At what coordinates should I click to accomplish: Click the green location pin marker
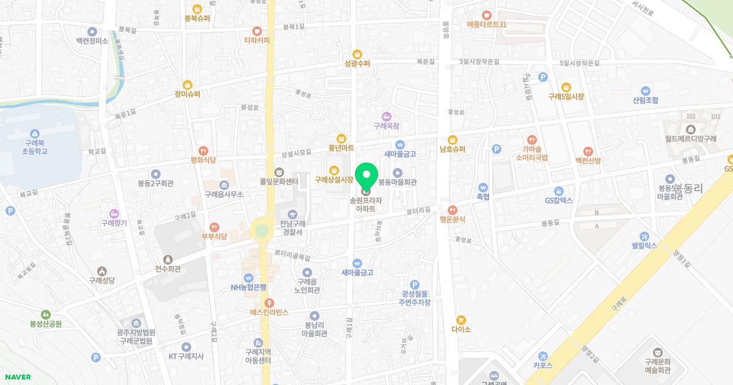pyautogui.click(x=366, y=177)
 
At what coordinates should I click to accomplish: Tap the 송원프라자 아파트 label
pyautogui.click(x=366, y=204)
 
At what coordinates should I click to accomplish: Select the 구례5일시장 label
pyautogui.click(x=566, y=97)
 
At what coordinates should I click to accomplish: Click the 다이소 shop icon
pyautogui.click(x=461, y=320)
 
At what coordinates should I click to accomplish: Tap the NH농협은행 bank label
pyautogui.click(x=248, y=287)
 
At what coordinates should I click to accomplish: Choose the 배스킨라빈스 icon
pyautogui.click(x=268, y=302)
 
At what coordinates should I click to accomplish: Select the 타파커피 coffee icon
pyautogui.click(x=257, y=31)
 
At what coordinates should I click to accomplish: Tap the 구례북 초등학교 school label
pyautogui.click(x=35, y=146)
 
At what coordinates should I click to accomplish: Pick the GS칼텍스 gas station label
pyautogui.click(x=558, y=200)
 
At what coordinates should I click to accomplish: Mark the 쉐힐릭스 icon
pyautogui.click(x=644, y=237)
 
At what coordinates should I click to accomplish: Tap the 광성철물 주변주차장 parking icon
pyautogui.click(x=415, y=284)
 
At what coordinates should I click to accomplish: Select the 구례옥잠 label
pyautogui.click(x=386, y=125)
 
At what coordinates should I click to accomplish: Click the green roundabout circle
pyautogui.click(x=261, y=231)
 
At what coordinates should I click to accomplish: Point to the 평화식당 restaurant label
pyautogui.click(x=203, y=160)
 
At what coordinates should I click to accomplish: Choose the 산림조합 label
pyautogui.click(x=645, y=100)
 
